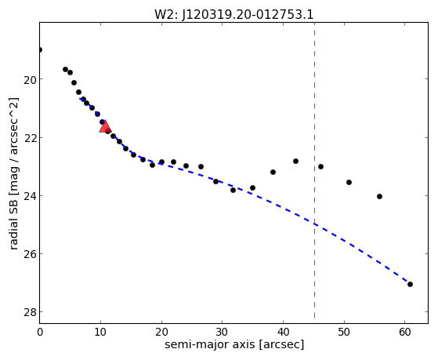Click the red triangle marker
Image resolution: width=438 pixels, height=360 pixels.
tap(105, 127)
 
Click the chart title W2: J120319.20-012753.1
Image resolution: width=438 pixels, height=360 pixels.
tap(234, 15)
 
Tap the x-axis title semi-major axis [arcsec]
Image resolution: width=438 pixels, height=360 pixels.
tap(234, 344)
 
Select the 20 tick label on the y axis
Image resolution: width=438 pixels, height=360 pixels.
tap(30, 80)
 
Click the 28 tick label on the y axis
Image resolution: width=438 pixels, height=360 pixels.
tap(30, 312)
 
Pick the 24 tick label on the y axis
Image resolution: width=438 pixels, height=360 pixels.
tap(30, 196)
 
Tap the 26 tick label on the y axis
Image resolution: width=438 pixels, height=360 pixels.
tap(30, 254)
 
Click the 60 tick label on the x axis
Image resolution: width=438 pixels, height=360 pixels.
tap(405, 332)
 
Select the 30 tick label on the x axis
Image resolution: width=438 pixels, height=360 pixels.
tap(222, 332)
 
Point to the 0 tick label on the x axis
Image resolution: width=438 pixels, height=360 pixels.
tap(40, 332)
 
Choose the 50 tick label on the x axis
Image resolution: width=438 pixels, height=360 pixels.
tap(344, 332)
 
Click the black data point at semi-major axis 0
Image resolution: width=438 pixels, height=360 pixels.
tap(40, 49)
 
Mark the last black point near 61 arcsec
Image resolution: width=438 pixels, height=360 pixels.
tap(410, 284)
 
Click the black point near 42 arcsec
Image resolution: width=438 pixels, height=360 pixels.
tap(296, 161)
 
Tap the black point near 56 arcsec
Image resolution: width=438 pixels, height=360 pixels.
tap(379, 196)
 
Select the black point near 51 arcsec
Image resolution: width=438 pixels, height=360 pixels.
tap(349, 183)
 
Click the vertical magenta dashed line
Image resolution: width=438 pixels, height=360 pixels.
tap(314, 170)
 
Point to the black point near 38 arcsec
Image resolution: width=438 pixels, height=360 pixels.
tap(273, 172)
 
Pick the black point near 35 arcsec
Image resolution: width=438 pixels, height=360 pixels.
tap(252, 187)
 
